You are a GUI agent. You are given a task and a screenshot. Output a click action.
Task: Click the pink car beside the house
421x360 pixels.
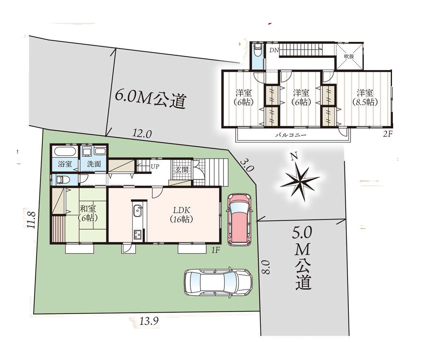[240, 220]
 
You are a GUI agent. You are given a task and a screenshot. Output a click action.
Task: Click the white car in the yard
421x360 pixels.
[218, 282]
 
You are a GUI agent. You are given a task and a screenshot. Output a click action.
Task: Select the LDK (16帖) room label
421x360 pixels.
[182, 215]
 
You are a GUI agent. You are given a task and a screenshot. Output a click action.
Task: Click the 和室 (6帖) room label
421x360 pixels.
[88, 213]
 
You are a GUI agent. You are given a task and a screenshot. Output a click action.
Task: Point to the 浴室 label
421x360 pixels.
[65, 164]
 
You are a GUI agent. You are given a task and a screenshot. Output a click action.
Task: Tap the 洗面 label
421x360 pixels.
[94, 164]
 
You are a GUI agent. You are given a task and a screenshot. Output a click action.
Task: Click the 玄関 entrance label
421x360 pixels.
[182, 170]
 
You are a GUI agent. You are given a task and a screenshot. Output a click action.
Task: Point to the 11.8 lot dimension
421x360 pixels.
[31, 219]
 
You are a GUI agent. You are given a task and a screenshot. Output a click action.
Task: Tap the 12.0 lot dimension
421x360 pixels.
[142, 133]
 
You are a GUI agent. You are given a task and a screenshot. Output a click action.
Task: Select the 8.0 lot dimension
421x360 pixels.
[265, 267]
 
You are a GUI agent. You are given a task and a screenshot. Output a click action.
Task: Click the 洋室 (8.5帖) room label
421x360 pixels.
[365, 97]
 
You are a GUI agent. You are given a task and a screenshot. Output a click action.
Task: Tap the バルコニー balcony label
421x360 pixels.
[290, 135]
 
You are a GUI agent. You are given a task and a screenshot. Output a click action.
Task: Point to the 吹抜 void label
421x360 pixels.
[349, 56]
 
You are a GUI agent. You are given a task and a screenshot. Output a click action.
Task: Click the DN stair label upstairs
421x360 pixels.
[274, 50]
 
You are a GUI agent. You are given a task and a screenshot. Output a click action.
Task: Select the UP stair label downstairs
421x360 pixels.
[155, 166]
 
